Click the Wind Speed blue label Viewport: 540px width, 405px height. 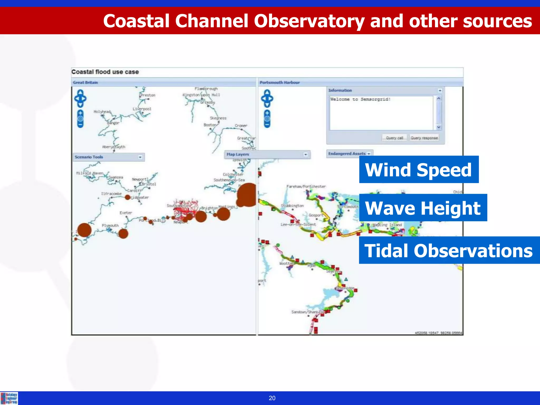pyautogui.click(x=419, y=170)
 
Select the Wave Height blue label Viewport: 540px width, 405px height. pyautogui.click(x=423, y=208)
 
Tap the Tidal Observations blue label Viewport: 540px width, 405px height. pyautogui.click(x=449, y=250)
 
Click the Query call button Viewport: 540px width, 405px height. pyautogui.click(x=394, y=138)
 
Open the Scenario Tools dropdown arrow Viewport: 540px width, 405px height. pyautogui.click(x=140, y=157)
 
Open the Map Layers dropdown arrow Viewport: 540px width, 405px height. pyautogui.click(x=306, y=155)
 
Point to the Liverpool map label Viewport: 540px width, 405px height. pyautogui.click(x=142, y=109)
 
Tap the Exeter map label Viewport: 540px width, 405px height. pyautogui.click(x=126, y=213)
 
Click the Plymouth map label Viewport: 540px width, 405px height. pyautogui.click(x=110, y=225)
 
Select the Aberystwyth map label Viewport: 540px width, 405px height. pyautogui.click(x=114, y=147)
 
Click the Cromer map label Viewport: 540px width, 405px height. pyautogui.click(x=241, y=126)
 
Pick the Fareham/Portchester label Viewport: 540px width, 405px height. pyautogui.click(x=306, y=186)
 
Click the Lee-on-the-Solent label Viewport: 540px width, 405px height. pyautogui.click(x=298, y=225)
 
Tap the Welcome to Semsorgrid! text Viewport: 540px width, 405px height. pyautogui.click(x=360, y=99)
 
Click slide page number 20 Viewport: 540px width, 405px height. pyautogui.click(x=272, y=398)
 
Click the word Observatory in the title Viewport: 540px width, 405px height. pyautogui.click(x=309, y=21)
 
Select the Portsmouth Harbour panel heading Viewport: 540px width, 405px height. pyautogui.click(x=279, y=83)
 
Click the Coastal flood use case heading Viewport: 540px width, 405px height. pyautogui.click(x=105, y=72)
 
